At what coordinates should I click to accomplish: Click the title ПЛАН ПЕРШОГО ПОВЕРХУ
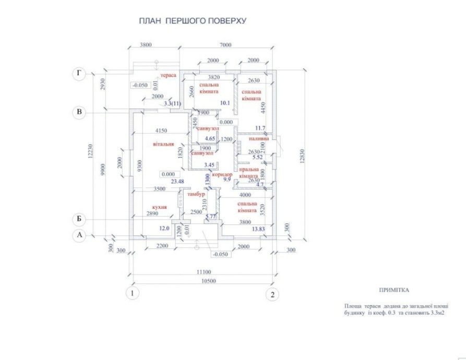(192, 21)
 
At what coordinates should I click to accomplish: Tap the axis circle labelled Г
(79, 74)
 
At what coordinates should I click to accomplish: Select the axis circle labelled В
(79, 112)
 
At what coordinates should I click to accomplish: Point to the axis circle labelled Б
(79, 220)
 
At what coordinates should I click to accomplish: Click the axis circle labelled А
(79, 235)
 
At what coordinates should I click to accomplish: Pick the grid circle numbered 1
(134, 294)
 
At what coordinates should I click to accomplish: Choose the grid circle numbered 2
(272, 294)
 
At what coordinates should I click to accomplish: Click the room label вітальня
(162, 143)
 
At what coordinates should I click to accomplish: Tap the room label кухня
(159, 207)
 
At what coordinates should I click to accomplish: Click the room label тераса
(168, 76)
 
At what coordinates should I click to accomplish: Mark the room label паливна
(259, 139)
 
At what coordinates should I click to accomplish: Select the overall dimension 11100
(203, 272)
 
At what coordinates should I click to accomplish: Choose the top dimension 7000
(225, 45)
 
